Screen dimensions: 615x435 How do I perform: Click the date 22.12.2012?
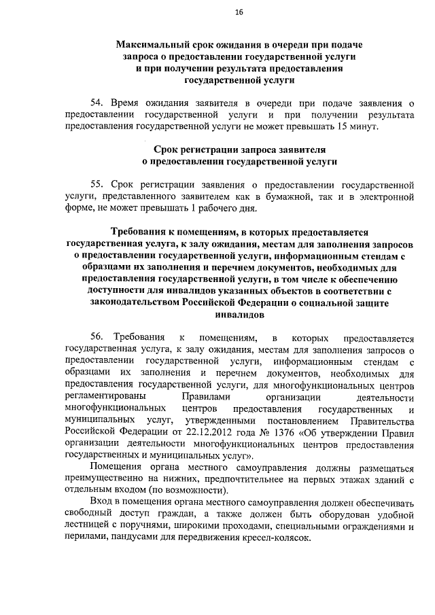tap(210, 433)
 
